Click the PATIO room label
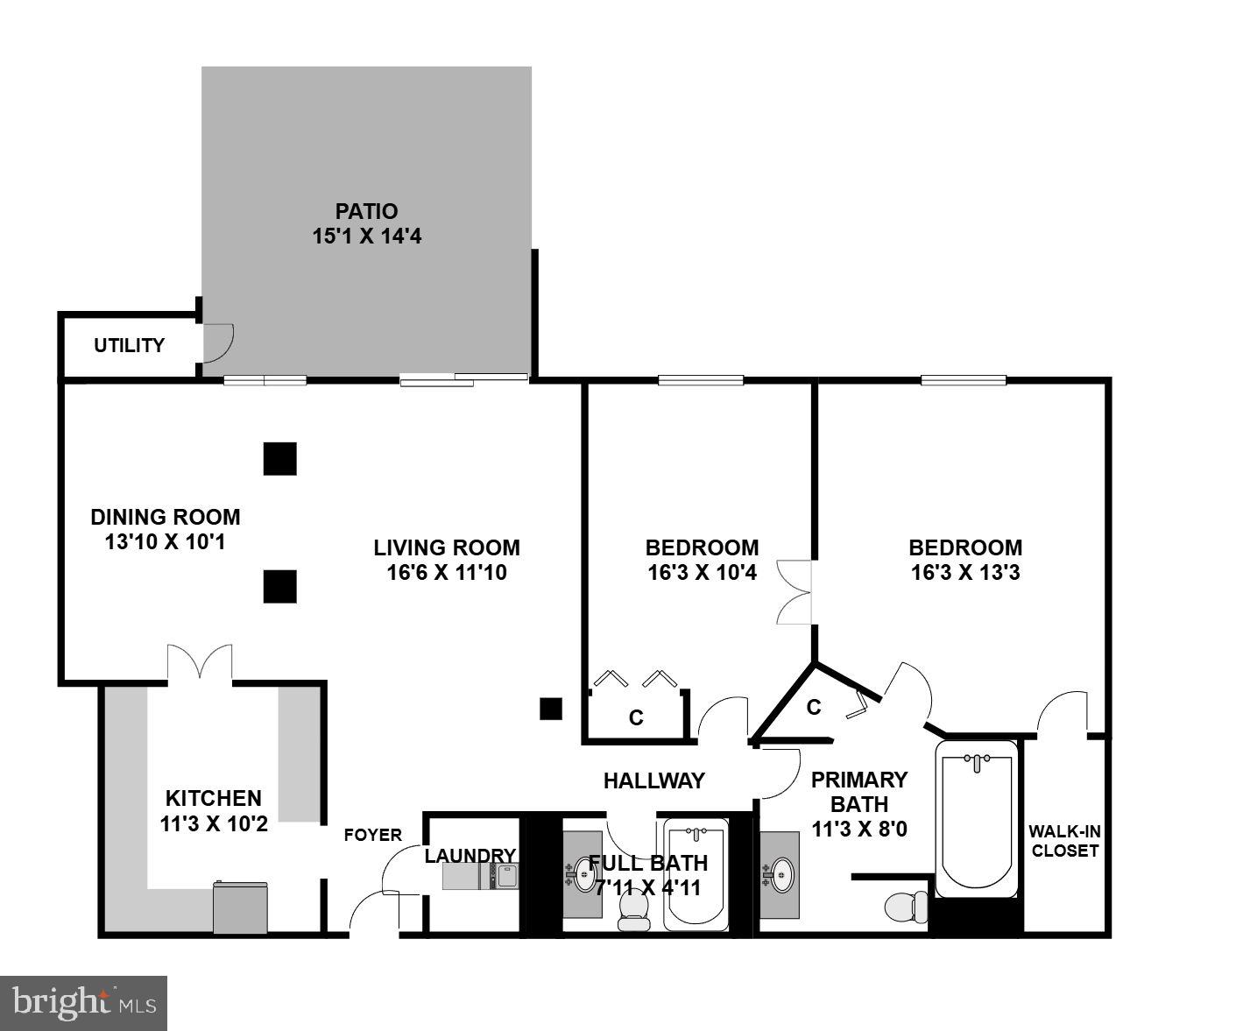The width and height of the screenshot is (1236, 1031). (366, 211)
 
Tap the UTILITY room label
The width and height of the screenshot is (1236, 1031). (129, 346)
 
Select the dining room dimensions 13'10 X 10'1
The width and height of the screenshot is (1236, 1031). (165, 542)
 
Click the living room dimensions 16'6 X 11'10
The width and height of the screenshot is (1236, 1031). (447, 573)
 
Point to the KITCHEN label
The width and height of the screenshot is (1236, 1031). (214, 798)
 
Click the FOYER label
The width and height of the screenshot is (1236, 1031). (372, 835)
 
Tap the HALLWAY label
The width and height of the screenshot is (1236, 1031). (653, 780)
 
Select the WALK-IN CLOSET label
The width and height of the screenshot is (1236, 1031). (1063, 841)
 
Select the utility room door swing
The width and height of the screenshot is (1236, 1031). (217, 342)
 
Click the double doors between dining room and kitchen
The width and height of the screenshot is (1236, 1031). (201, 662)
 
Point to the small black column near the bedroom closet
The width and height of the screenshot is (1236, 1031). (550, 708)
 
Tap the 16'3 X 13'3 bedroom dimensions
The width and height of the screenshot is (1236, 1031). (964, 573)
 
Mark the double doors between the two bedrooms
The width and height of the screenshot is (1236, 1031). (795, 592)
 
